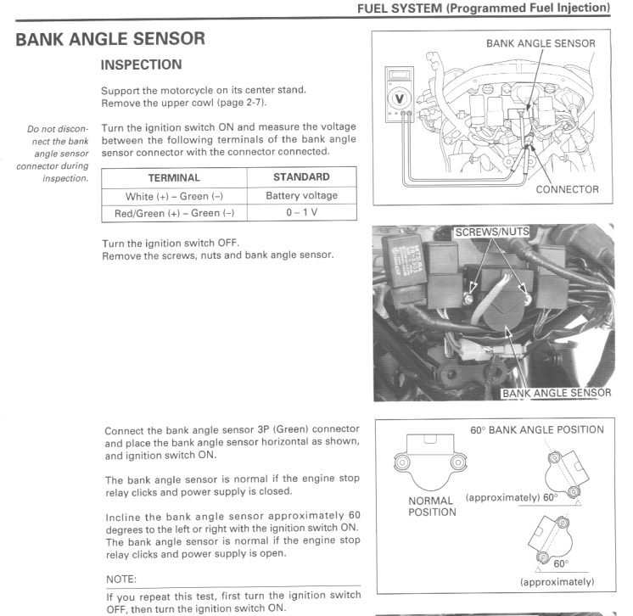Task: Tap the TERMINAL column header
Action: coord(174,178)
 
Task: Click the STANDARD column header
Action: coord(302,178)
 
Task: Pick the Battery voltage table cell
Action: coord(302,196)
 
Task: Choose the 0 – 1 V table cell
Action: coord(302,213)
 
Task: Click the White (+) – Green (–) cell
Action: coord(174,196)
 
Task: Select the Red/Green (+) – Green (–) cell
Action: coord(174,213)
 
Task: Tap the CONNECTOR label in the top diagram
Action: coord(569,189)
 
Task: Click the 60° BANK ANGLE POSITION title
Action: coord(536,429)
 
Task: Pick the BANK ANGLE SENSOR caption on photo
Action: coord(556,393)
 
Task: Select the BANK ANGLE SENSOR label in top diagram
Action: coord(541,42)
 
